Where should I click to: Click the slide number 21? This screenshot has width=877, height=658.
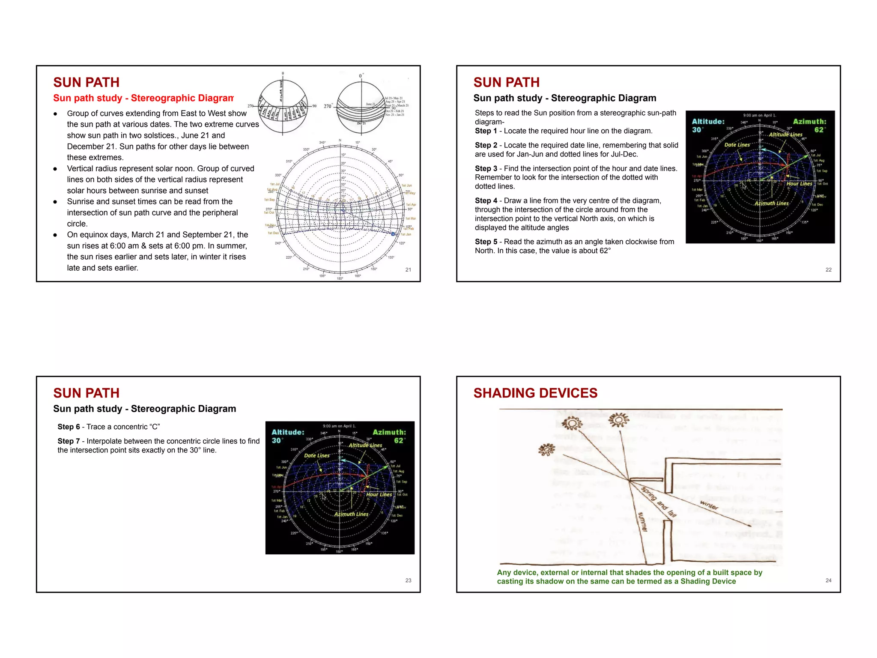pos(408,269)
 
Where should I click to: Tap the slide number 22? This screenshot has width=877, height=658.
pos(828,269)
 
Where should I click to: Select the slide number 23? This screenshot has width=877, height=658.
pos(408,580)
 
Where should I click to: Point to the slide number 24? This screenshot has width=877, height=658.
pos(828,580)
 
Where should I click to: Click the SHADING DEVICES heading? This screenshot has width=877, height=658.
pos(535,393)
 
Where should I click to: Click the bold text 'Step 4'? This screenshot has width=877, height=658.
pos(486,200)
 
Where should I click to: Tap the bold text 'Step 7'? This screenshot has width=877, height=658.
pos(69,441)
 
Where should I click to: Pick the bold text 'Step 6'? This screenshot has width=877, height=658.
pos(69,427)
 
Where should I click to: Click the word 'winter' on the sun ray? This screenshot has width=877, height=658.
pos(709,505)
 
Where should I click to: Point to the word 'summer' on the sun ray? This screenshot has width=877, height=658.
pos(642,522)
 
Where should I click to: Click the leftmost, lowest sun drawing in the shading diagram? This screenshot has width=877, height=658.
pos(546,449)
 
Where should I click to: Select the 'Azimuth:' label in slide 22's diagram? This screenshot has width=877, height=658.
pos(809,122)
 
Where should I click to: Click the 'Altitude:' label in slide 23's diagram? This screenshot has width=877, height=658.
pos(288,432)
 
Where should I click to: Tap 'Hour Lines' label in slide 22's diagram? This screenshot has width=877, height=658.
pos(799,184)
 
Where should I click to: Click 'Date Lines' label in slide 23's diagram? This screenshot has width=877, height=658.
pos(316,455)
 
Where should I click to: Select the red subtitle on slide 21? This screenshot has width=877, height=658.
pos(143,98)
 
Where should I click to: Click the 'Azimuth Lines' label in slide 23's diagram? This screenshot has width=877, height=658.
pos(351,514)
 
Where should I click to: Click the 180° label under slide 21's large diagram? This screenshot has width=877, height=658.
pos(340,278)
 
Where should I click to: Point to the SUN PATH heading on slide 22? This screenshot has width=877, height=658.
pos(506,82)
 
